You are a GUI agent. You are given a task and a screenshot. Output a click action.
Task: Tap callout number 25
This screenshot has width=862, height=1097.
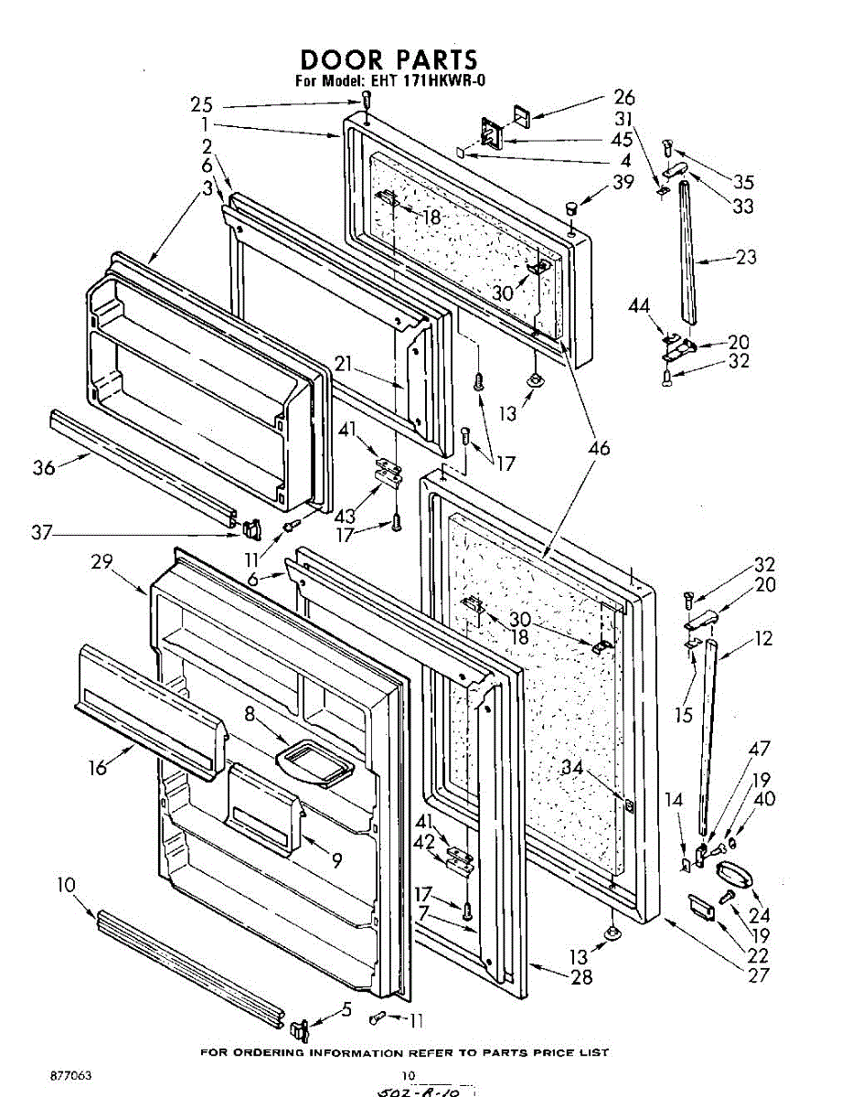click(x=203, y=104)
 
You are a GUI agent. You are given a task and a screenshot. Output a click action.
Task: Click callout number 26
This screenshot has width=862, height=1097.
click(x=623, y=97)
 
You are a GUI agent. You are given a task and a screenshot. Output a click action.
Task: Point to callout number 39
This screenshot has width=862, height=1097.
click(x=623, y=182)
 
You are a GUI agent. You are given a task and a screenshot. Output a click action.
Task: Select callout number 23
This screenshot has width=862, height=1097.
click(x=746, y=258)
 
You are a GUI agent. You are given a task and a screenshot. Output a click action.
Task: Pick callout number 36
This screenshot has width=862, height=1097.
click(x=44, y=468)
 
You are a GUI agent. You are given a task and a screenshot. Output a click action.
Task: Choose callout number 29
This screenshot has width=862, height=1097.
click(x=101, y=562)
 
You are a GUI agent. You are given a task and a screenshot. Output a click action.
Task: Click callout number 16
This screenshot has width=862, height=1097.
click(x=97, y=766)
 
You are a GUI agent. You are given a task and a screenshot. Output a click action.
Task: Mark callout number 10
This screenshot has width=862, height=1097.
click(x=66, y=885)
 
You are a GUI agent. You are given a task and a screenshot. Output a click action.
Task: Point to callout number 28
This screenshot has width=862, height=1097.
click(x=580, y=977)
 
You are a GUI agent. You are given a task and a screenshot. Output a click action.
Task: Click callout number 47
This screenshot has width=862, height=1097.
click(x=760, y=750)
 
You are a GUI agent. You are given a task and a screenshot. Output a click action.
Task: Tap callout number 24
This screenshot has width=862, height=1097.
click(x=759, y=915)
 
